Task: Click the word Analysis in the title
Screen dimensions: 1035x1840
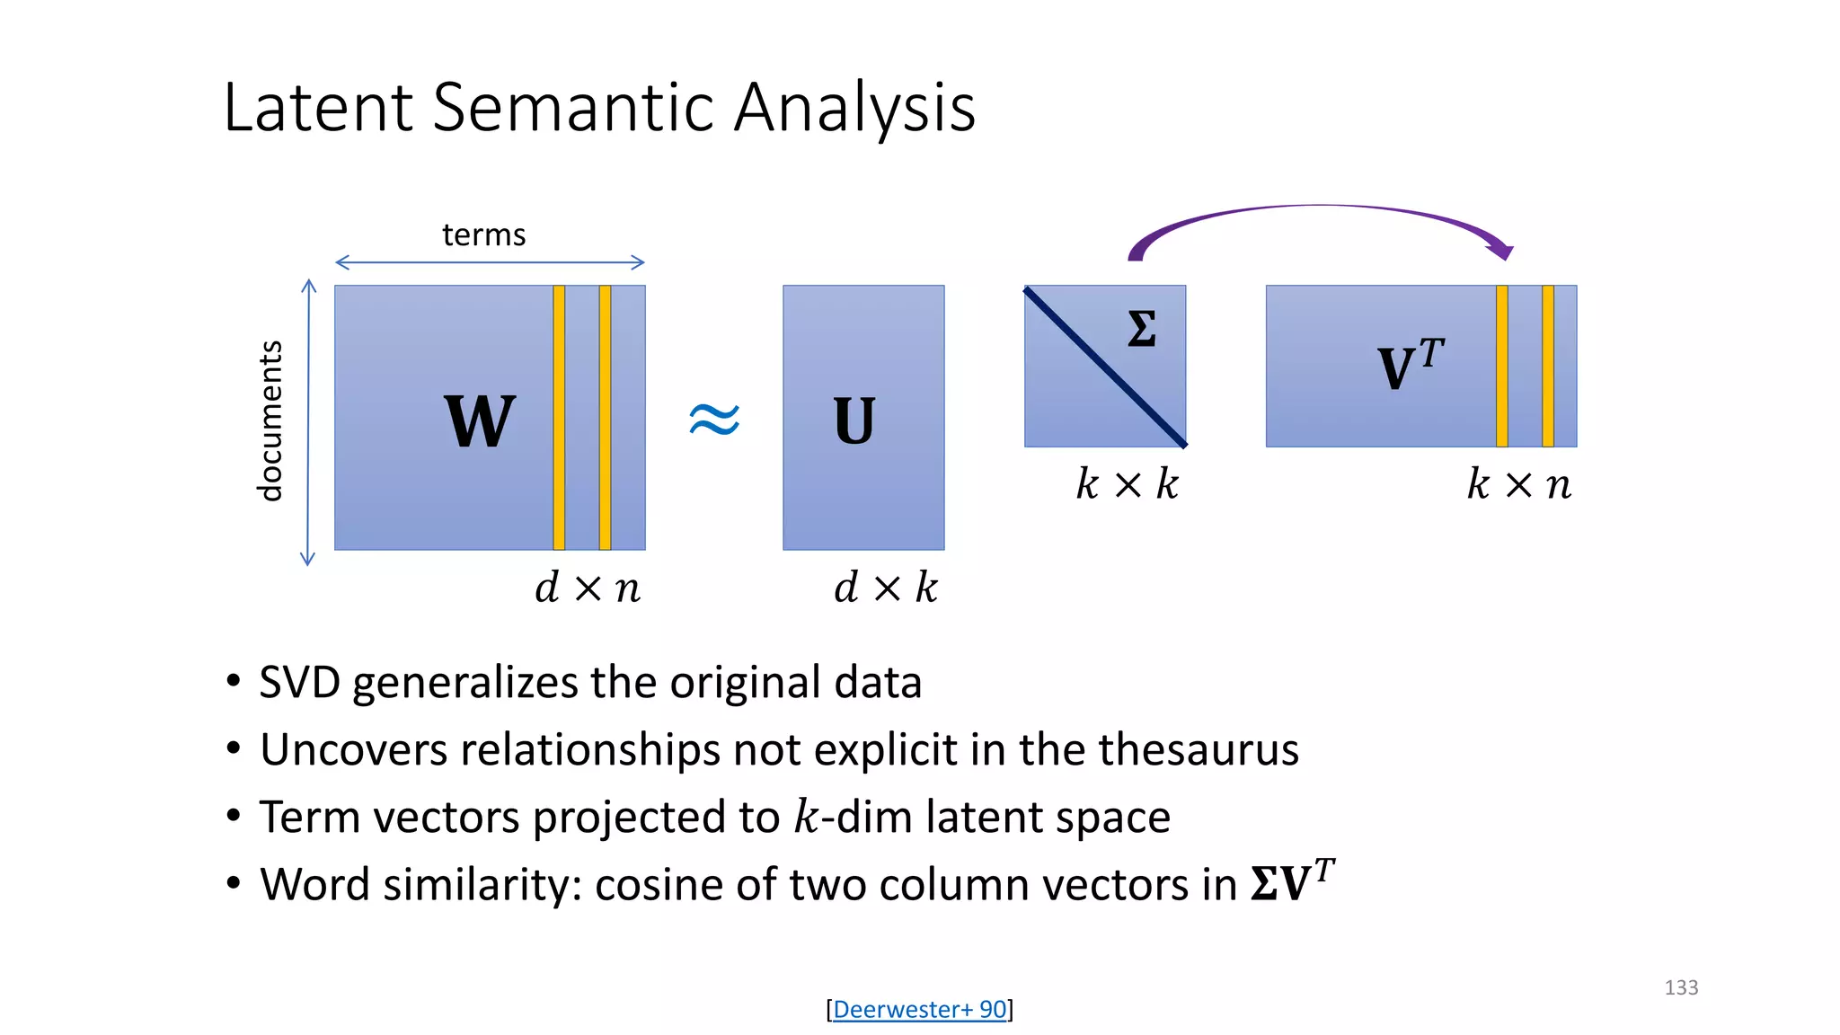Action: [854, 108]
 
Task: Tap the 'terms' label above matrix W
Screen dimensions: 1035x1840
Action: [483, 235]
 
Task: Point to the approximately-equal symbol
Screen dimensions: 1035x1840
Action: [714, 419]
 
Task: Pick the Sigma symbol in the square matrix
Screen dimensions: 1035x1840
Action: [1141, 329]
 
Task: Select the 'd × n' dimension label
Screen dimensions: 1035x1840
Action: [588, 588]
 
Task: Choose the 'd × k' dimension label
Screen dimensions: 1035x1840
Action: [886, 588]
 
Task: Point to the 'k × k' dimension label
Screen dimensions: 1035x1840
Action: [1128, 485]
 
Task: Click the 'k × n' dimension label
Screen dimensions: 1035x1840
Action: [1519, 485]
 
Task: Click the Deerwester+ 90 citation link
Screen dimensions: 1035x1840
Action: [919, 1010]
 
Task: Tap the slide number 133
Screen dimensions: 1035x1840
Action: [1681, 988]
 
